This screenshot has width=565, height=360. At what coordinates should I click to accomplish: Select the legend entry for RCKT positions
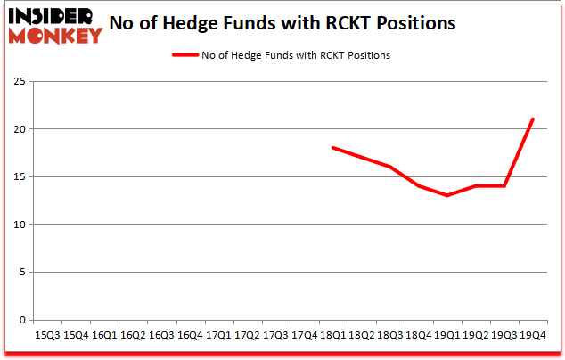[x=280, y=55]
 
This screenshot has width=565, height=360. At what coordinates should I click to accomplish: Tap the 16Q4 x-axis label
[x=189, y=335]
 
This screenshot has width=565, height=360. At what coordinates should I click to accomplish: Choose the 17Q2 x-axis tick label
[x=247, y=335]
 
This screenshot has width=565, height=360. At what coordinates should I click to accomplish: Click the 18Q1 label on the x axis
[x=332, y=335]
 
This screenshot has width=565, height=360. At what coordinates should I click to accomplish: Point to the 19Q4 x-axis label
[x=532, y=335]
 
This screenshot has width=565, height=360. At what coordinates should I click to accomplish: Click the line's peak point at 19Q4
[x=532, y=119]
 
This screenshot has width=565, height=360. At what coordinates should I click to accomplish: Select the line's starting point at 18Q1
[x=332, y=148]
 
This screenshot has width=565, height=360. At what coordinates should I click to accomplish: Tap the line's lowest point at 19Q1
[x=446, y=196]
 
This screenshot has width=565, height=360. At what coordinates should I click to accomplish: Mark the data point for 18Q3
[x=389, y=167]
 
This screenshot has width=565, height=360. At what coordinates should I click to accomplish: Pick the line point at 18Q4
[x=418, y=186]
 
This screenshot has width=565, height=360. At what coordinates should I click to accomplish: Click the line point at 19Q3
[x=504, y=186]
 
